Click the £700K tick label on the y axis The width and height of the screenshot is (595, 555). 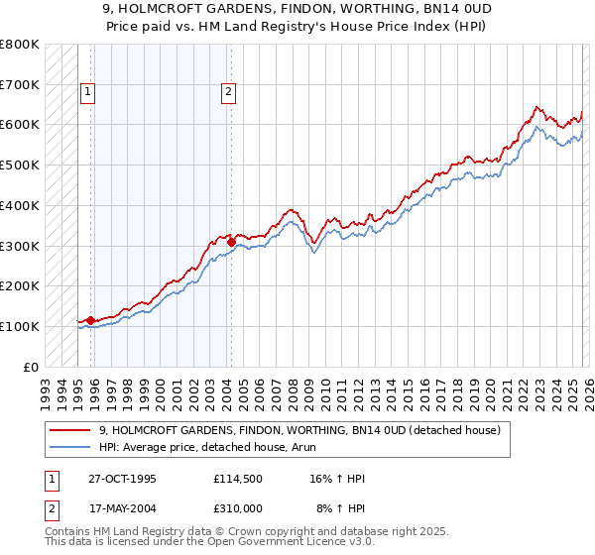pos(20,85)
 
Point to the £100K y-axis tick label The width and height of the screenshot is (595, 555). pos(20,326)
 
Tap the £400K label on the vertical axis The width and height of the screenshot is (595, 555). pos(20,206)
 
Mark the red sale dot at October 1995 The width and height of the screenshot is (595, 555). pos(90,320)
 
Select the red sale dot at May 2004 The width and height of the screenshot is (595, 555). pos(231,241)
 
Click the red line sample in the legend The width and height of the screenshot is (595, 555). pos(70,430)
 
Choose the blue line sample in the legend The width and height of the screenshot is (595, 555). pos(70,447)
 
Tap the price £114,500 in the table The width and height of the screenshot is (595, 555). pos(238,479)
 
